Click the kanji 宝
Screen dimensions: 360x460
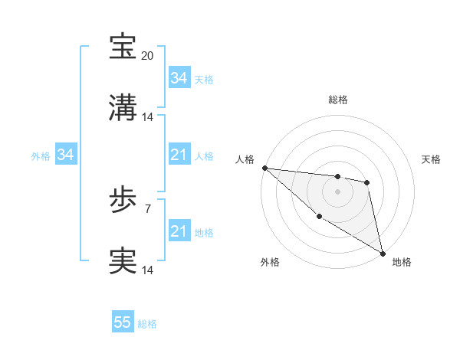123,47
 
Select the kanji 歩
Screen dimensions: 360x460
123,201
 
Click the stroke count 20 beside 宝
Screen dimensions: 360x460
148,56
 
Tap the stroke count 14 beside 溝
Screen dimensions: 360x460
148,117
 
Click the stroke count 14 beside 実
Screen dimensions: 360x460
148,270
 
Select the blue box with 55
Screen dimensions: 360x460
123,322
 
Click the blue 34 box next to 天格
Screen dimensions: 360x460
179,78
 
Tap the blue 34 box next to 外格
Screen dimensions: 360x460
65,155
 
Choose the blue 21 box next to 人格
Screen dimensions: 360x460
179,155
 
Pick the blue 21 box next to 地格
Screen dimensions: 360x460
179,231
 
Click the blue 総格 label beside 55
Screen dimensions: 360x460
147,324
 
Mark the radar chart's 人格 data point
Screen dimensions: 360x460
264,168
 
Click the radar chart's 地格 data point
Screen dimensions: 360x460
383,252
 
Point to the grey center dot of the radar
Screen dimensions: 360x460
337,191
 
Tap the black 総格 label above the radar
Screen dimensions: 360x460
338,100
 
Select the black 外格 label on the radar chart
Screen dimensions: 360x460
270,262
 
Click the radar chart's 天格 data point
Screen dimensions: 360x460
367,182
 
